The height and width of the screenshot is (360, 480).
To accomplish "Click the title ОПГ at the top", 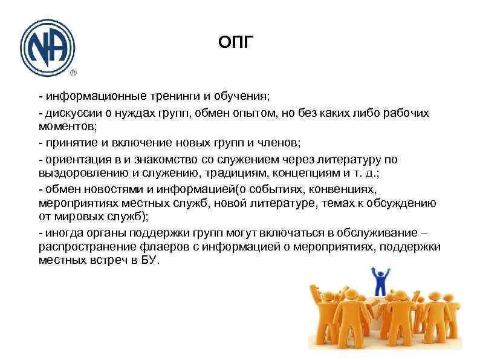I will point(239,44).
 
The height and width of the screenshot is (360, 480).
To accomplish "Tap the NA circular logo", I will point(48,47).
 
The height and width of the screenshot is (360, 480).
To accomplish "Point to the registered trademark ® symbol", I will point(73,73).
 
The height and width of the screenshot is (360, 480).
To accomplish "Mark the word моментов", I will point(65,127).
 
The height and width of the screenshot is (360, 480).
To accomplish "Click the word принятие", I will point(66,143).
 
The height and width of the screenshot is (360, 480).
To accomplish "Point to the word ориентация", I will point(74,159).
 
